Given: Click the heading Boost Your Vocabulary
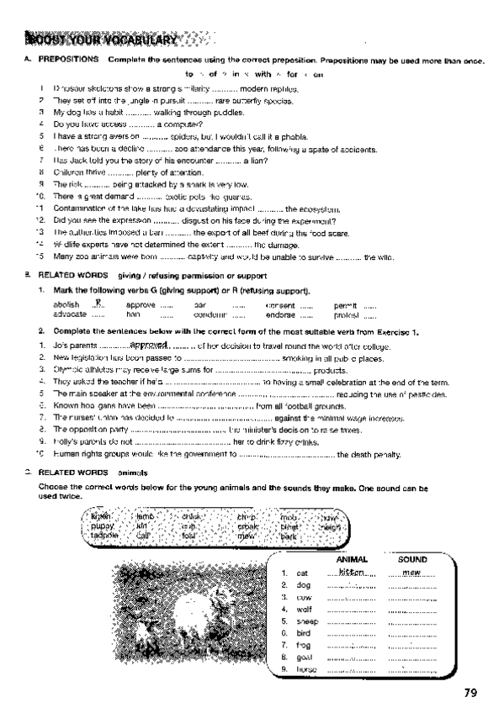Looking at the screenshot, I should pos(101,40).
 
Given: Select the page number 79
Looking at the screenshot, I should pos(470,693).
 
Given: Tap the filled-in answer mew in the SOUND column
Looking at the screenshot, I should pos(411,572).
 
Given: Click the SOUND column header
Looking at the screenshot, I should pos(411,559).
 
